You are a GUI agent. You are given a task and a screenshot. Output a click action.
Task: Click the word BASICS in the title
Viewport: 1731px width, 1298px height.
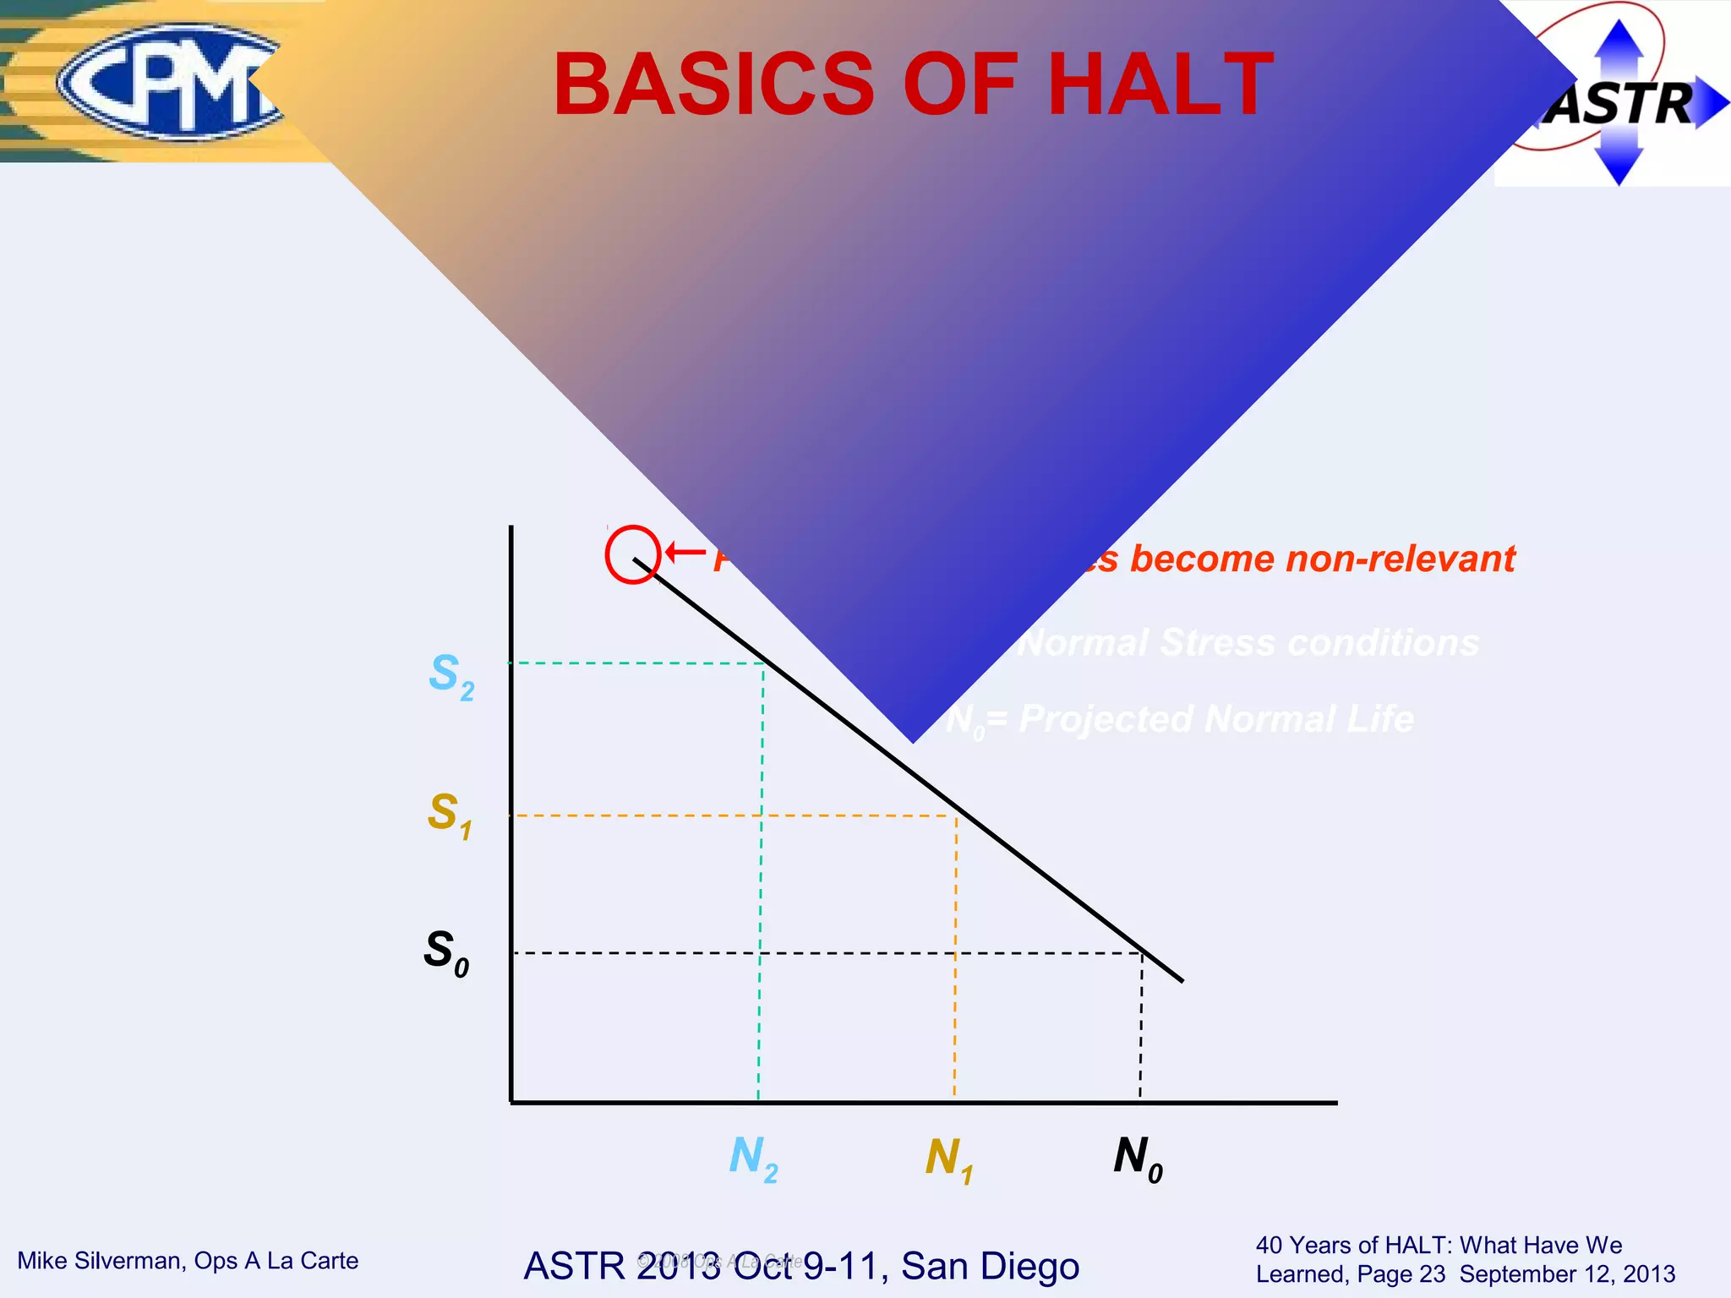[x=714, y=85]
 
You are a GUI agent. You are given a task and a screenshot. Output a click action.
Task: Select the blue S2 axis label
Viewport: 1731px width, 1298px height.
[x=450, y=677]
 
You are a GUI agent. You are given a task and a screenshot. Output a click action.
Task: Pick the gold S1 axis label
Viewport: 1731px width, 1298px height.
[x=449, y=815]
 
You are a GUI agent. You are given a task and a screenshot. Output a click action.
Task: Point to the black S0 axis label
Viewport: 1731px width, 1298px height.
[x=445, y=952]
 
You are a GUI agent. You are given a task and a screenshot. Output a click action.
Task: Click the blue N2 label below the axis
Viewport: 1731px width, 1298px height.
[x=752, y=1159]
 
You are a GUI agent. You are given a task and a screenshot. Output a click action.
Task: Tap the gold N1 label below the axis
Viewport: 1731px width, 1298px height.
[x=948, y=1159]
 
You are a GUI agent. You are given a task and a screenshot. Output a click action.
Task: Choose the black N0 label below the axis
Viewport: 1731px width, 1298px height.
[x=1138, y=1159]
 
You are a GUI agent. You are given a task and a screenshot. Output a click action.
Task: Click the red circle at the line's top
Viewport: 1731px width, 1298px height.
[x=632, y=554]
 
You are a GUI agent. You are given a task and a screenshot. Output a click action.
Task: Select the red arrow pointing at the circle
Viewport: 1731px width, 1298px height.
[x=685, y=553]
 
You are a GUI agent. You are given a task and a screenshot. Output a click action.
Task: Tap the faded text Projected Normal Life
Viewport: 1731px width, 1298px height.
[x=1215, y=719]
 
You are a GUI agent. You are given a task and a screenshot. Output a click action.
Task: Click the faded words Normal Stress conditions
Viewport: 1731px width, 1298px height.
[x=1248, y=643]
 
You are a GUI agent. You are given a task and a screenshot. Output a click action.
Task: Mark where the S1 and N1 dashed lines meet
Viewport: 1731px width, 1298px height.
[x=956, y=815]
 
